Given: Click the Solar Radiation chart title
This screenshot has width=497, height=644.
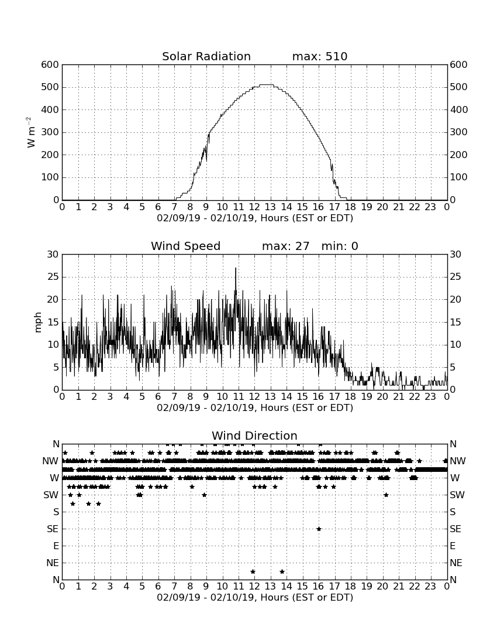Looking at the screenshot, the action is [x=206, y=56].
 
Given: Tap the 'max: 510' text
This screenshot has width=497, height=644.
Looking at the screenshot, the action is [x=320, y=56].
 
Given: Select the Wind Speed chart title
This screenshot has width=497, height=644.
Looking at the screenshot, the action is [x=186, y=246].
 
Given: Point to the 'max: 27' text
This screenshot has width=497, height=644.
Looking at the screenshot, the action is [x=286, y=246].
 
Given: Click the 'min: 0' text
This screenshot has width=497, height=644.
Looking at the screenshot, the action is [x=340, y=246].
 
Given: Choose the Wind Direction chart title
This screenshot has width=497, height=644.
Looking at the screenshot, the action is [x=254, y=436].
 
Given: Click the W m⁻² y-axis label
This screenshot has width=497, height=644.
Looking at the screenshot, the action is [x=30, y=132].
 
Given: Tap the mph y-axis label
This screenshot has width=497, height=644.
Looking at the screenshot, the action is [x=38, y=322].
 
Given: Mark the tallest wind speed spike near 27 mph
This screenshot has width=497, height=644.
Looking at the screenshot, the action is [x=236, y=269].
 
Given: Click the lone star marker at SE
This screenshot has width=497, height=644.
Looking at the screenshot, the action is [x=319, y=529].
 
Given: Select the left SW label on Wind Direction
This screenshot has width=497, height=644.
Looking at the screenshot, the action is [x=51, y=495].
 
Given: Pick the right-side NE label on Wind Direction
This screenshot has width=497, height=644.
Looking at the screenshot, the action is [x=456, y=563].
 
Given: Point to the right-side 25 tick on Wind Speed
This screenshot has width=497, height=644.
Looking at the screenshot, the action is [x=455, y=277].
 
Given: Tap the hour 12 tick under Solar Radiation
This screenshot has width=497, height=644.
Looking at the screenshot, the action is [x=254, y=207].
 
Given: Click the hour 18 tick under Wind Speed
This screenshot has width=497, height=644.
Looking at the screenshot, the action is [x=350, y=396].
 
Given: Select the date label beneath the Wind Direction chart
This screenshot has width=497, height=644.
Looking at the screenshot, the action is [x=255, y=597].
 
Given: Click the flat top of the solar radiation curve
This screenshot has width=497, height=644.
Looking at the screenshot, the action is [x=267, y=85].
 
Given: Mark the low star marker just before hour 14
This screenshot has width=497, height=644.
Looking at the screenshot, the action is [x=282, y=571].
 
